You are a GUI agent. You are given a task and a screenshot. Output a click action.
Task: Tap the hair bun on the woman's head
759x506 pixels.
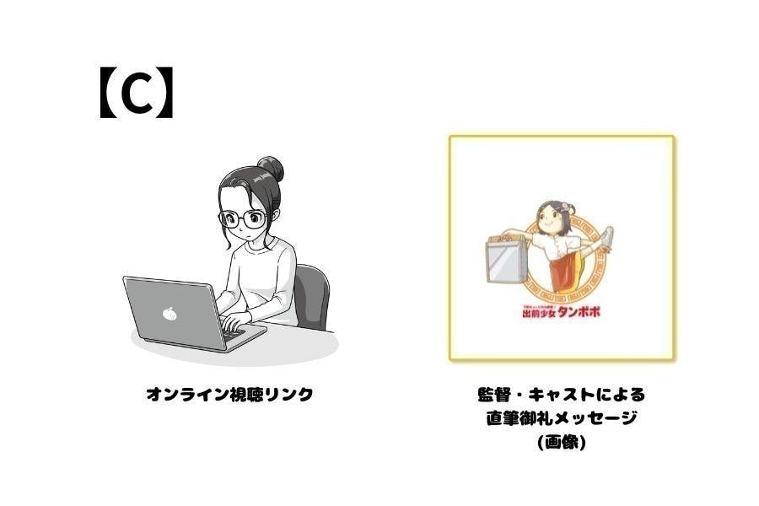click(270, 169)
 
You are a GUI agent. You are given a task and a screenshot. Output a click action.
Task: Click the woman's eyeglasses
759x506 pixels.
click(242, 219)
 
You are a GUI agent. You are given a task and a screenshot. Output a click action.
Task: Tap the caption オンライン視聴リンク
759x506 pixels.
click(229, 394)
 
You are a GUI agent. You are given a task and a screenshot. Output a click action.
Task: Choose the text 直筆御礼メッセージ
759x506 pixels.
click(561, 418)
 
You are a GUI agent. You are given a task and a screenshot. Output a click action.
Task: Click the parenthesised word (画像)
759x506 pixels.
click(561, 442)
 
